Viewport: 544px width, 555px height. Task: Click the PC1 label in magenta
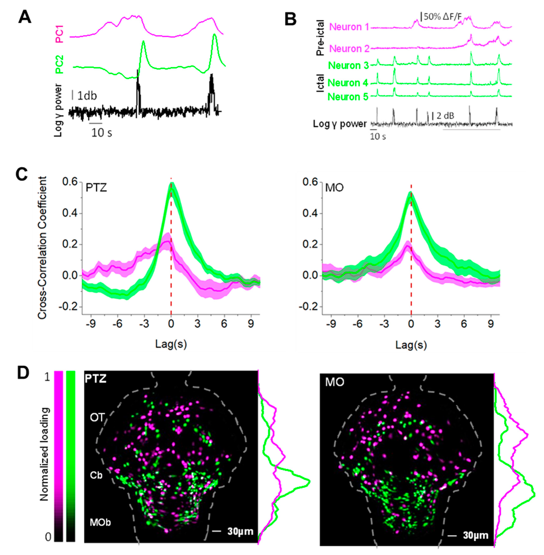pos(60,34)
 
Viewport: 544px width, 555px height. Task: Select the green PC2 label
pos(60,64)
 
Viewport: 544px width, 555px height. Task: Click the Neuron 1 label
pos(349,27)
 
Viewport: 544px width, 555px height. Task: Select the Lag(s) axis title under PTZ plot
pos(171,345)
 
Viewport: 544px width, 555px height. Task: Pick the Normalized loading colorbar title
pos(44,454)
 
